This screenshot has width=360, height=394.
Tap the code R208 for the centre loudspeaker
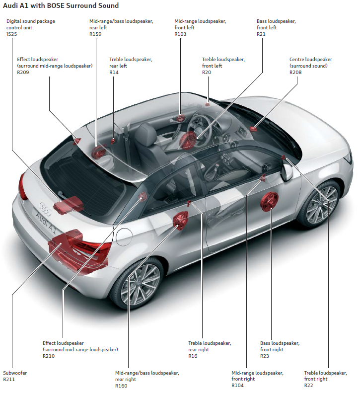(x=296, y=73)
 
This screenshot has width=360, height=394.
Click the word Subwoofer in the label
(x=15, y=373)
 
